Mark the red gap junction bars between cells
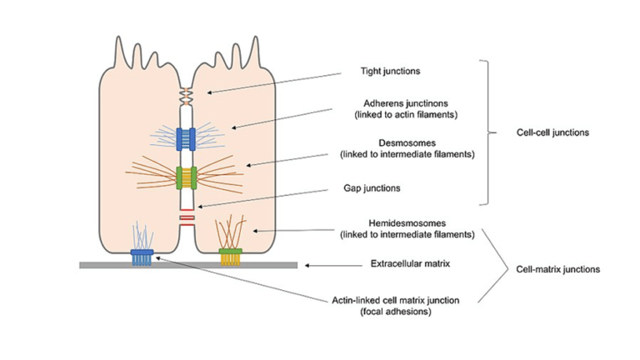(187, 219)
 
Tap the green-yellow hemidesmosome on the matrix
(231, 254)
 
